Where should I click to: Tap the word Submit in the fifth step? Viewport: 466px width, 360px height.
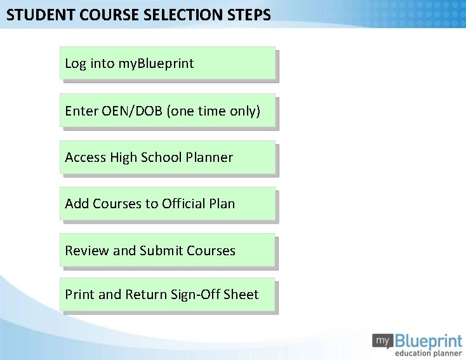pos(161,251)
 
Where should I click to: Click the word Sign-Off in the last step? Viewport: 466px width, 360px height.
pos(196,295)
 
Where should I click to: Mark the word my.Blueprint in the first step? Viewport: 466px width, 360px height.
pos(156,63)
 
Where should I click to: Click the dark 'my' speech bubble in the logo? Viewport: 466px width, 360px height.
pos(382,340)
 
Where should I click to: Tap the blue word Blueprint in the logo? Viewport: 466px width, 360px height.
pos(428,340)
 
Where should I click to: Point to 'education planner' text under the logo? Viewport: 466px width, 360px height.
pos(428,353)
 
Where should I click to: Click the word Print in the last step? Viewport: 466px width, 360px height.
pos(79,295)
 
